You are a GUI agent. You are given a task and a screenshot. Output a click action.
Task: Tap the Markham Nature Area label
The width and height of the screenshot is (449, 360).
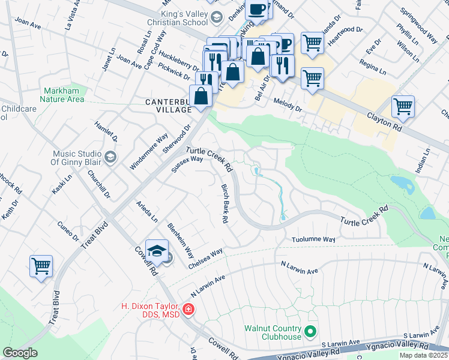point(63,95)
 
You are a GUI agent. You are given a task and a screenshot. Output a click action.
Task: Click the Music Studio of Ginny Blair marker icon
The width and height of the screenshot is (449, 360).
point(110,157)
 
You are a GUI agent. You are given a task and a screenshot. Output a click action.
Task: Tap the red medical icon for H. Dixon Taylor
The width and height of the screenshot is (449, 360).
point(188,310)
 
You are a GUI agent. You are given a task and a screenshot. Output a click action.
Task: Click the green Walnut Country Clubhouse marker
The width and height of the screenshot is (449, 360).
point(310,331)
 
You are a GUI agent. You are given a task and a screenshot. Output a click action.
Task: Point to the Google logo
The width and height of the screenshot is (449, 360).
point(20,353)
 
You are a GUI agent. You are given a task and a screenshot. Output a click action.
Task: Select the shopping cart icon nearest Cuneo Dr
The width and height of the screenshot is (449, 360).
point(41,266)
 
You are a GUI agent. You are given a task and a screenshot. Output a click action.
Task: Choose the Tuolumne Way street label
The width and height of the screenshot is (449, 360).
point(313,239)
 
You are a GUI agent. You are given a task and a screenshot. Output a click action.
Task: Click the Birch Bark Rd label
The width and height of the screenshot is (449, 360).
point(224,204)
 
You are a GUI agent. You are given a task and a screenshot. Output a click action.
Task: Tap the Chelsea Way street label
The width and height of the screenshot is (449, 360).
point(205,258)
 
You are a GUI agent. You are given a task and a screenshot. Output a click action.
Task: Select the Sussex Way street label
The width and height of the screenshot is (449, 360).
point(187,164)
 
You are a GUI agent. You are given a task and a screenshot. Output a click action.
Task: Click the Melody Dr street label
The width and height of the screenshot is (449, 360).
point(287,105)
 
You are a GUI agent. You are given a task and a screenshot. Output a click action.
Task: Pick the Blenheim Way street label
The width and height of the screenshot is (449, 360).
point(180,240)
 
